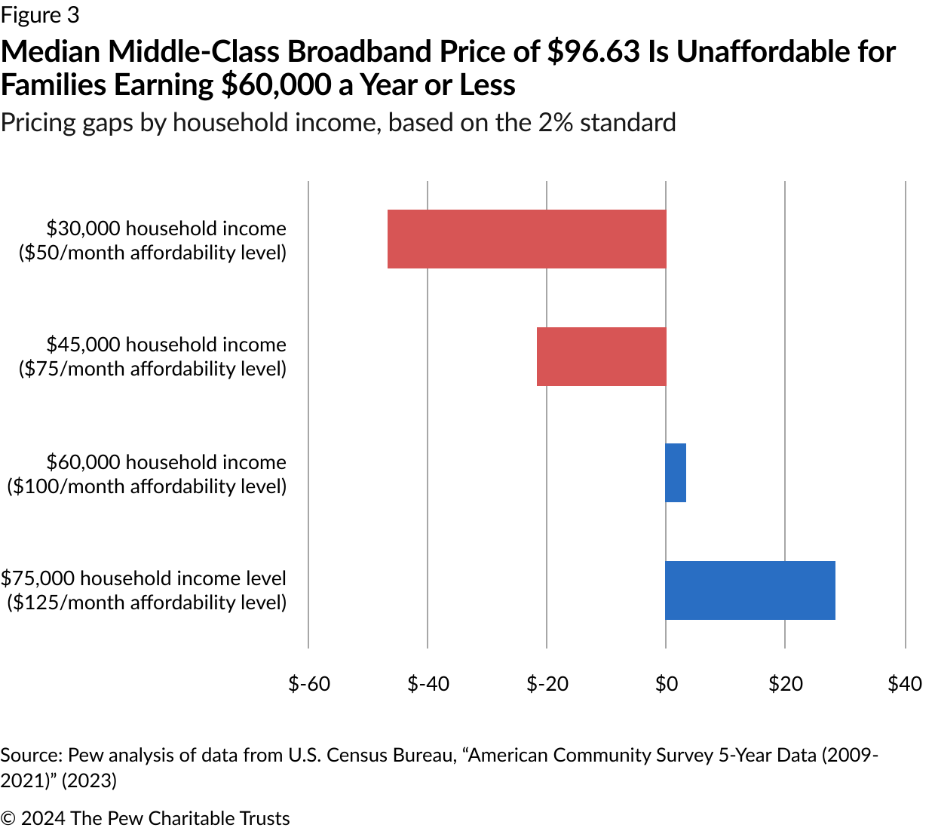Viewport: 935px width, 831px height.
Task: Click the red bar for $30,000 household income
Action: tap(526, 239)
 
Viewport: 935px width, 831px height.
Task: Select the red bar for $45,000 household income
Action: tap(601, 357)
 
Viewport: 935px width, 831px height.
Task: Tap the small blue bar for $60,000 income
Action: tap(676, 473)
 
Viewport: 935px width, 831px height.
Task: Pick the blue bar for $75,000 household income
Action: tap(750, 590)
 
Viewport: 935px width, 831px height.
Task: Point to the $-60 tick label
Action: tap(309, 684)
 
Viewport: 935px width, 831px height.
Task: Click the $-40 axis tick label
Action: tap(428, 684)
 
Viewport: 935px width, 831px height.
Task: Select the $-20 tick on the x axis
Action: tap(547, 684)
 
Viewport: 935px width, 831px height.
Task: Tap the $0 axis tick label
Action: tap(666, 684)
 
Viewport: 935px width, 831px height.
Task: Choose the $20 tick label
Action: tap(785, 684)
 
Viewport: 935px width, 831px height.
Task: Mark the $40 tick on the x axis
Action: tap(904, 684)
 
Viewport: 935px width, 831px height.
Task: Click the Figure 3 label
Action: tap(39, 15)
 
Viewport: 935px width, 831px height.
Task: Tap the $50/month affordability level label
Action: tap(152, 252)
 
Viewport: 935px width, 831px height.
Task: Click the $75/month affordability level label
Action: tap(152, 369)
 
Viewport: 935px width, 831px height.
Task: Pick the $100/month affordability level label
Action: tap(147, 486)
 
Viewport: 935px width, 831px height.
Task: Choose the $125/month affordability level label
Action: tap(147, 603)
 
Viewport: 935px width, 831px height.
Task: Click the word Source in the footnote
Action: tap(31, 756)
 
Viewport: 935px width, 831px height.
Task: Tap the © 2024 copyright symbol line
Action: tap(145, 818)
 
